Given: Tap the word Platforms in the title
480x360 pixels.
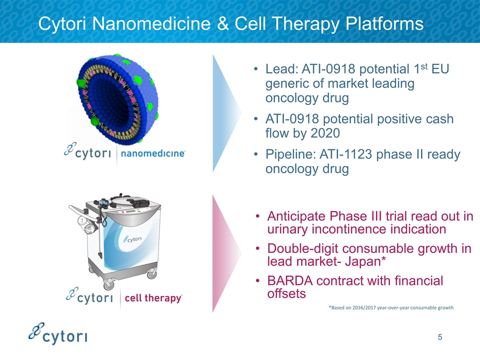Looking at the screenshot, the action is (x=384, y=23).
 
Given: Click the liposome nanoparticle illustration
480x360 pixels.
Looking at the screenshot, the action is (x=118, y=99).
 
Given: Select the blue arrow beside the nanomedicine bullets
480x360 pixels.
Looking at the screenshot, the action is (x=226, y=113).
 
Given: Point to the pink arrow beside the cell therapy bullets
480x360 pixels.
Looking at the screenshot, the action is (x=226, y=253).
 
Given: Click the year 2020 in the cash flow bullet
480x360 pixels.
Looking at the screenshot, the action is (x=325, y=133).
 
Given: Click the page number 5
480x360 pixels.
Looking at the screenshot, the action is (x=440, y=337).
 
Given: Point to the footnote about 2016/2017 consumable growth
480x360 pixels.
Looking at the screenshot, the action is (x=391, y=307).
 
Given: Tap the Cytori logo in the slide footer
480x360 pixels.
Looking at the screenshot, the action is (x=58, y=333).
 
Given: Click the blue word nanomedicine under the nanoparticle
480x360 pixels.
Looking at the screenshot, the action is (x=153, y=153).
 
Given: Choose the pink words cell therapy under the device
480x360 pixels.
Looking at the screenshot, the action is (x=153, y=297).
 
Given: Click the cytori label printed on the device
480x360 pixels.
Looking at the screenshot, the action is (x=132, y=239).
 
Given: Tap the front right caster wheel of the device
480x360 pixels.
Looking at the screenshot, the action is (x=152, y=274).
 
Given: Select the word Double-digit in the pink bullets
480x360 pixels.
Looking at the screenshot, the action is (x=303, y=249).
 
